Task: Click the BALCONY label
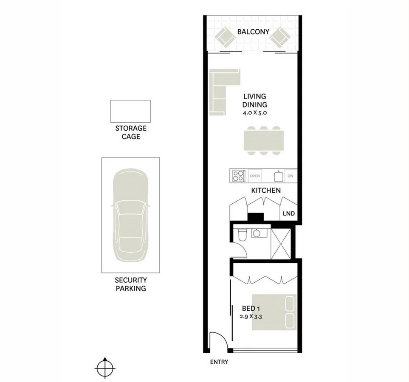coord(253,31)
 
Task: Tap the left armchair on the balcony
coord(225,38)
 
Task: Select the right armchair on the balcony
coord(280,38)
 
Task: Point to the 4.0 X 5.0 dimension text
coord(254,113)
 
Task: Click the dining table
coord(263,142)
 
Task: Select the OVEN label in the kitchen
coord(255,176)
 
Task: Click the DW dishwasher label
coord(290,176)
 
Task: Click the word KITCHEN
coord(266,191)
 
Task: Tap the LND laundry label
coord(289,213)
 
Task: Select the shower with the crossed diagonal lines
coord(281,243)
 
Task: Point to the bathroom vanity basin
coord(257,233)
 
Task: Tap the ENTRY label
coord(219,362)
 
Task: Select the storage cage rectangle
coord(130,110)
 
